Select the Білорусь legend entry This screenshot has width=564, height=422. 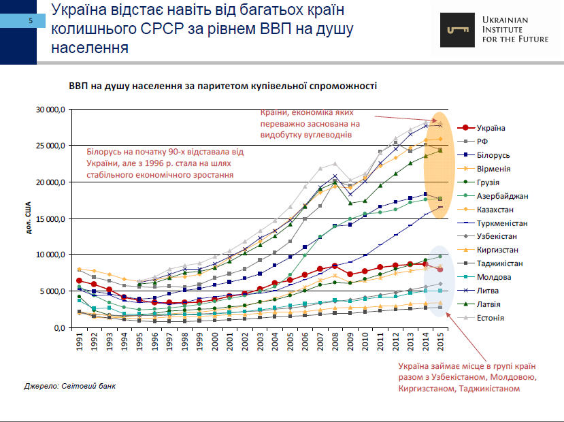494,155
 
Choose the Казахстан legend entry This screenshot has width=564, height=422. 497,210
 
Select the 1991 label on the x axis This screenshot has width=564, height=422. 80,343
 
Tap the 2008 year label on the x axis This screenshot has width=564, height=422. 335,343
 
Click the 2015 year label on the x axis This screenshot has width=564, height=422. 440,343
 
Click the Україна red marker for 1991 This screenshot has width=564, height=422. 80,280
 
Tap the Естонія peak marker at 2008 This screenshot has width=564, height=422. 335,164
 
